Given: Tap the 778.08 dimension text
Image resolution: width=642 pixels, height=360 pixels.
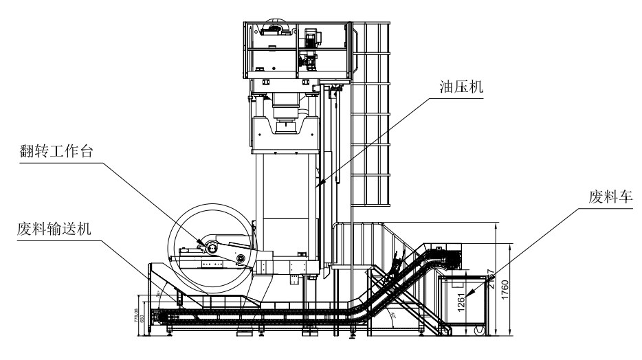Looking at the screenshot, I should pos(137,317).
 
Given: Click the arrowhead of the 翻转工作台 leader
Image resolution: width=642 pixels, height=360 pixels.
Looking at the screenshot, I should pos(203,245).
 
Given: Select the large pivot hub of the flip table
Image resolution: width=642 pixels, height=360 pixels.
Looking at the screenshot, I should pos(211,247).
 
